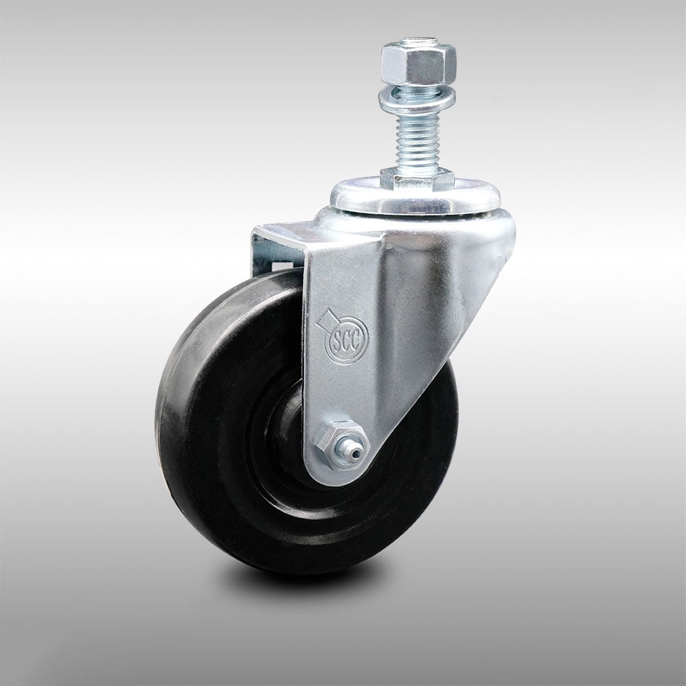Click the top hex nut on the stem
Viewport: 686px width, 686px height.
point(418,64)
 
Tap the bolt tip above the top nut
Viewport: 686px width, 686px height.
point(418,42)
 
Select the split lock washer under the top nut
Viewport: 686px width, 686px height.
point(417,90)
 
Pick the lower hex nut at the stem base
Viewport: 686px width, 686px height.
point(417,178)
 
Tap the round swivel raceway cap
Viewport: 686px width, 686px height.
point(415,197)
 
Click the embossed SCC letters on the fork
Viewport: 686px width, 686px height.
point(346,340)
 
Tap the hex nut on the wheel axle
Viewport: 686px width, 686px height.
point(339,446)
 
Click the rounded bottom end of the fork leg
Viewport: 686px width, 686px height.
point(336,473)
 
